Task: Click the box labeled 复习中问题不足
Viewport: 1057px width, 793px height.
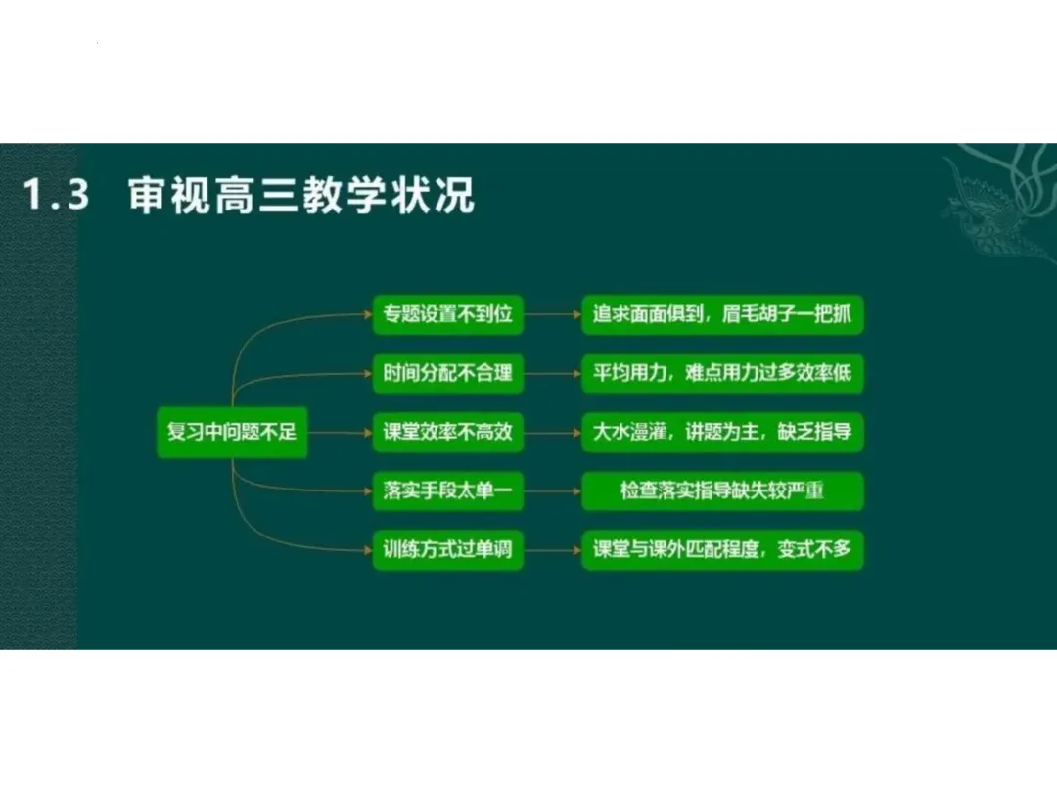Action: pos(232,432)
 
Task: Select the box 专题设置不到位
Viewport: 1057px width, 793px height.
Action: pos(447,315)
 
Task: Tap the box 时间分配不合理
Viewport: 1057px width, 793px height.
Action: pos(447,373)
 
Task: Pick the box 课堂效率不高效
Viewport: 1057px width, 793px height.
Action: pos(447,432)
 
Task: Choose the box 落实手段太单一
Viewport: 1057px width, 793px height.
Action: pos(447,490)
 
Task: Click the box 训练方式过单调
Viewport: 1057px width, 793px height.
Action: pos(447,549)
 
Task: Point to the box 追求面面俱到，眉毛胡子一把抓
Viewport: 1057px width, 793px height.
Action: pos(722,315)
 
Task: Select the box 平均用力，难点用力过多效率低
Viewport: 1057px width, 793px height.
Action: pos(722,373)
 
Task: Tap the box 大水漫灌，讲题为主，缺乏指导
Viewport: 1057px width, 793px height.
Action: pos(722,432)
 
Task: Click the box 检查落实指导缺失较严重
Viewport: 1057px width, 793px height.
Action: pos(722,490)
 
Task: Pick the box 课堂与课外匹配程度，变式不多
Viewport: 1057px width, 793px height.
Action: pos(722,549)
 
